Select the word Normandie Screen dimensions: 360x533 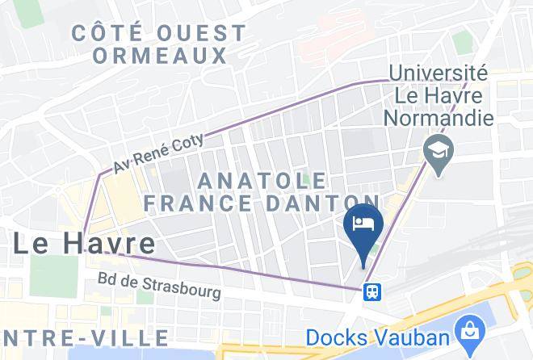pos(439,119)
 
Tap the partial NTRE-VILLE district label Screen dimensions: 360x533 pos(85,337)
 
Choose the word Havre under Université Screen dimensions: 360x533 pos(461,96)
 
